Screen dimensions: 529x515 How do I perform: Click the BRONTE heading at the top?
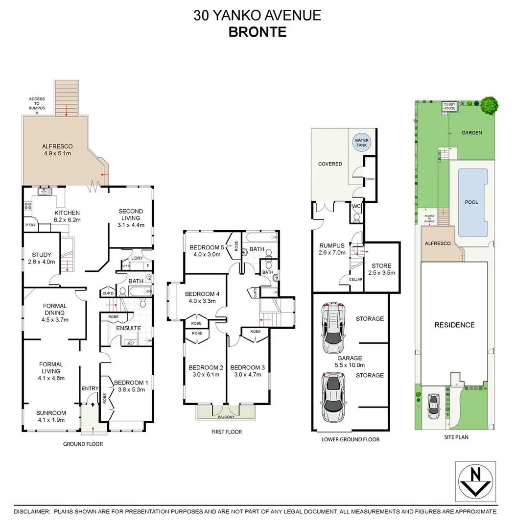pos(257,32)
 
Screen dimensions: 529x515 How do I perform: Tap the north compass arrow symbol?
pos(475,481)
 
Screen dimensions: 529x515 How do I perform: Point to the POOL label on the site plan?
pos(471,202)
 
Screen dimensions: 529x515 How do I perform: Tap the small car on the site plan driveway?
pos(433,406)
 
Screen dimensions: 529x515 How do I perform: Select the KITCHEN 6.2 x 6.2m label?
pos(67,216)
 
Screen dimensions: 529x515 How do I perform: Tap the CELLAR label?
pos(355,279)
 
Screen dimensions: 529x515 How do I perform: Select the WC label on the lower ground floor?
pos(356,206)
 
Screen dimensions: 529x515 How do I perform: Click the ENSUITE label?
pos(129,328)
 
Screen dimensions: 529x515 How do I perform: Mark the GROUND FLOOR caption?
pos(83,444)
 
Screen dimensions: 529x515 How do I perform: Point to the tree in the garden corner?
pos(489,104)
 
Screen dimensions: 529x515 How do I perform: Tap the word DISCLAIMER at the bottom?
pos(32,511)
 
